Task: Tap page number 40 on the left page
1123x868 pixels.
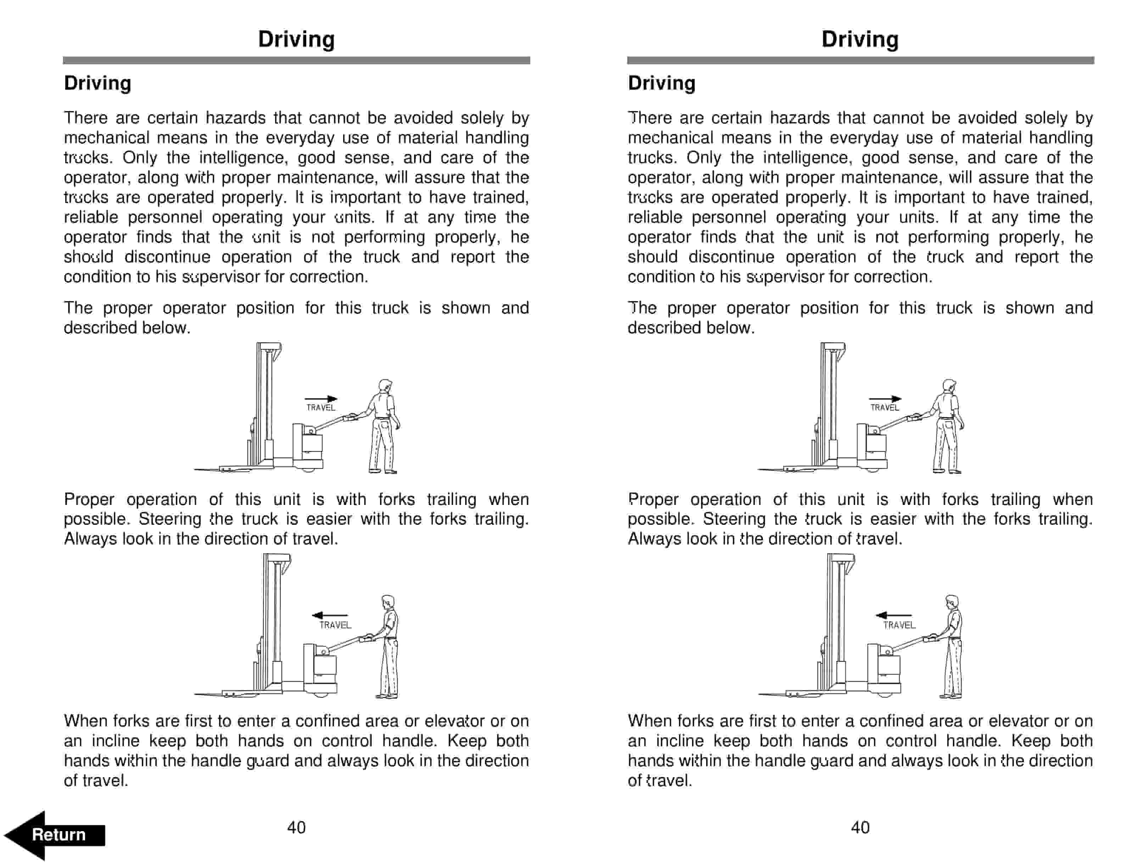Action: point(296,827)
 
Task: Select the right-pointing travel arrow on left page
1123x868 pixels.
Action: point(321,399)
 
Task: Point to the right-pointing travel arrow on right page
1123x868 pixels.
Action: point(885,399)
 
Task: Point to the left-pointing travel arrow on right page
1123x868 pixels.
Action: point(894,615)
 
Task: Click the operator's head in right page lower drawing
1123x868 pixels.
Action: point(952,602)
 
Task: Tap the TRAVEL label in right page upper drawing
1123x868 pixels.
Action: point(884,408)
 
